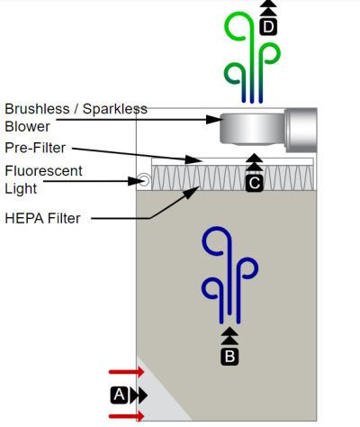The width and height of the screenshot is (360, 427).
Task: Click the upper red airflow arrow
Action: coord(127,372)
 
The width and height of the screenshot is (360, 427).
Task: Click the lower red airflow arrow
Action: coord(127,416)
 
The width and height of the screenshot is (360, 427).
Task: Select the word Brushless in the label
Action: coord(37,109)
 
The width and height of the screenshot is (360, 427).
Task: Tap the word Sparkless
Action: coord(115,109)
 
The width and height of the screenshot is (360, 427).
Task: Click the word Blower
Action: coord(27,126)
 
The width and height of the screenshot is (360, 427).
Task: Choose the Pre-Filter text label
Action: coord(35,148)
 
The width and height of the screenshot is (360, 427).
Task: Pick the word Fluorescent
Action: coord(43,171)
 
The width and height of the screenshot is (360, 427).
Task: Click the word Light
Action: coord(21,189)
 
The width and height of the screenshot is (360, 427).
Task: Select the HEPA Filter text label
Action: coord(42,218)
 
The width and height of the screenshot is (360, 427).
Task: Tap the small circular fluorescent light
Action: coord(144,180)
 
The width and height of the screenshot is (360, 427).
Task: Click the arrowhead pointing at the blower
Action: coord(214,120)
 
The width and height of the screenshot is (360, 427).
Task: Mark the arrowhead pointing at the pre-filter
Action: coord(193,159)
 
